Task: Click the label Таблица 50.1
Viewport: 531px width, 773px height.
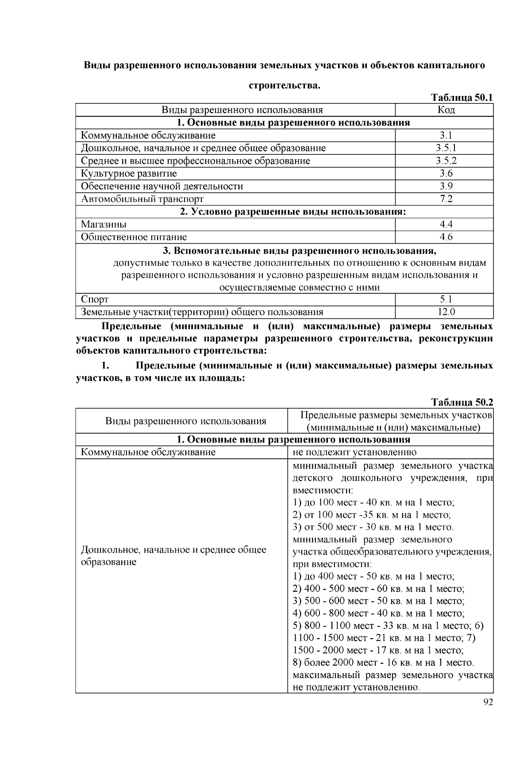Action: point(462,98)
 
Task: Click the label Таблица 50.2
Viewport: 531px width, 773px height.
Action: point(462,402)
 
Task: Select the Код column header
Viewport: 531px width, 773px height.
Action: point(446,110)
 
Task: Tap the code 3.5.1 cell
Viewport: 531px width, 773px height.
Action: point(446,148)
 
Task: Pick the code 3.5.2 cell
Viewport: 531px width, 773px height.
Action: point(446,161)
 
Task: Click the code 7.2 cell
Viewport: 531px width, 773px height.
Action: point(446,199)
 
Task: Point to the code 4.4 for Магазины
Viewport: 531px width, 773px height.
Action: point(446,224)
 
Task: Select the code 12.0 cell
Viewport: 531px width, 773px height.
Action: point(446,312)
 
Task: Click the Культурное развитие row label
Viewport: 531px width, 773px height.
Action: point(129,173)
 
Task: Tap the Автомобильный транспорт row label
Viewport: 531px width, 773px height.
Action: point(142,199)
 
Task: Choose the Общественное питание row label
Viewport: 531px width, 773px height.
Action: point(134,237)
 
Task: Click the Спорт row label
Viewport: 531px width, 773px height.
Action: point(95,299)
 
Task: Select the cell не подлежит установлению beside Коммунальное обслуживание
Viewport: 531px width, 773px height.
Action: point(354,452)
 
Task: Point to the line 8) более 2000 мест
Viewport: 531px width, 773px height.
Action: point(383,663)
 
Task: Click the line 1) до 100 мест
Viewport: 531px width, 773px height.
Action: point(373,503)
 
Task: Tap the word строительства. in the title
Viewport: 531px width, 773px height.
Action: point(284,85)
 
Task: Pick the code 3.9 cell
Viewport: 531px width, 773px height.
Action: point(446,186)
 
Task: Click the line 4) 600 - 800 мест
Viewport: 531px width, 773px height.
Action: point(378,613)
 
